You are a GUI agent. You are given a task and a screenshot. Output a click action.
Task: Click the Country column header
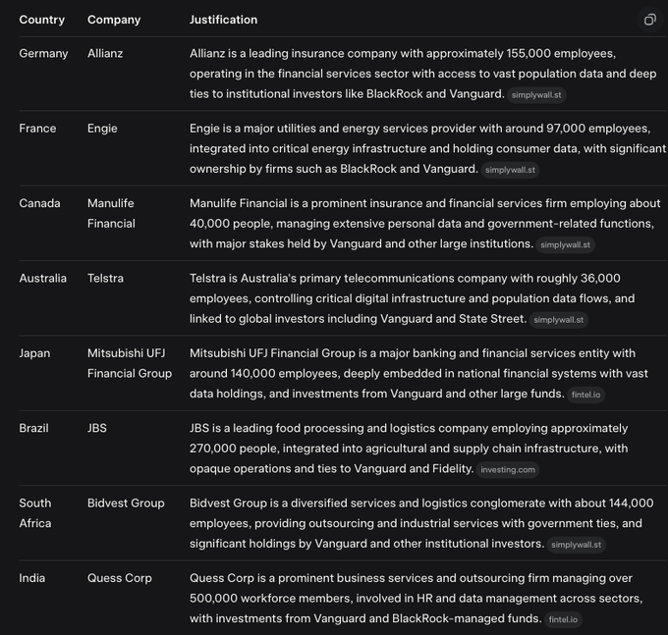41,20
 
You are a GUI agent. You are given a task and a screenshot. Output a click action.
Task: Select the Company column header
114,20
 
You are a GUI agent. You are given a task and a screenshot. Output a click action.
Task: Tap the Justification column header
223,20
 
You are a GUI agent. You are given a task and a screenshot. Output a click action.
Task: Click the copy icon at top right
649,20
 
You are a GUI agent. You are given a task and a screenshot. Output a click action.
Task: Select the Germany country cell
43,53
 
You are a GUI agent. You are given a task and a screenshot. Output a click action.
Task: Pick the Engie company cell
102,129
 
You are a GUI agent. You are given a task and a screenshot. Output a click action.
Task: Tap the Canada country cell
39,203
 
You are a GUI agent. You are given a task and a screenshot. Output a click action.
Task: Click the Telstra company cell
105,278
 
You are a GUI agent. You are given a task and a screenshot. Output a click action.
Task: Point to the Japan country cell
34,353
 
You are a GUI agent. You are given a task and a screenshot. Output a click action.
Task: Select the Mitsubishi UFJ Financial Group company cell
129,363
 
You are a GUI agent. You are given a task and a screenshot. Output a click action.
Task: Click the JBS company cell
97,428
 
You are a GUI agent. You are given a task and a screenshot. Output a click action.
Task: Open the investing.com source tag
508,470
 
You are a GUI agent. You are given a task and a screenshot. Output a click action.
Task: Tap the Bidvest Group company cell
126,503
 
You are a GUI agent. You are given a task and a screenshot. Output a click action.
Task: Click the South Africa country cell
36,513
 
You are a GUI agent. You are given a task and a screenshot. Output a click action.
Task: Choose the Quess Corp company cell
120,578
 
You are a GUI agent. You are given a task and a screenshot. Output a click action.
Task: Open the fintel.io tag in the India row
564,619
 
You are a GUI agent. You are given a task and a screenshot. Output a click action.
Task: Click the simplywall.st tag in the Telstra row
558,320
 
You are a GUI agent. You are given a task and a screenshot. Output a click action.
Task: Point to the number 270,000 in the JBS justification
212,449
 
